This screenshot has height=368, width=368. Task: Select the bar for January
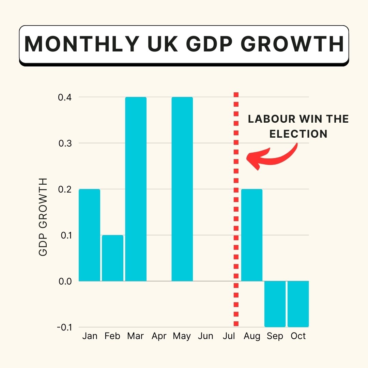(89, 235)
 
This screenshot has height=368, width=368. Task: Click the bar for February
(112, 258)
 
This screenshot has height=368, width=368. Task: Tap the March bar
(136, 189)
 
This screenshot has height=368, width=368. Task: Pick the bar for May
(182, 189)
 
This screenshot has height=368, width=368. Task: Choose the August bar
(252, 235)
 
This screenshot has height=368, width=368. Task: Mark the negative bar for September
(275, 304)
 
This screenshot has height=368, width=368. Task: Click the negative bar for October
(298, 304)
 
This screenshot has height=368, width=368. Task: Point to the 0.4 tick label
(64, 97)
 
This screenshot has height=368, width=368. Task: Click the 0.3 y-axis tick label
(64, 143)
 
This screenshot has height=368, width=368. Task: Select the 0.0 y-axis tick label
(64, 281)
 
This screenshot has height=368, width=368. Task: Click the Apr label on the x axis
(159, 336)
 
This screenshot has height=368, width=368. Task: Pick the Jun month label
(205, 336)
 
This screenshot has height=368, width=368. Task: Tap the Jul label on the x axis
(229, 336)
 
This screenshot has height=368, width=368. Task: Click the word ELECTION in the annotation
(298, 134)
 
